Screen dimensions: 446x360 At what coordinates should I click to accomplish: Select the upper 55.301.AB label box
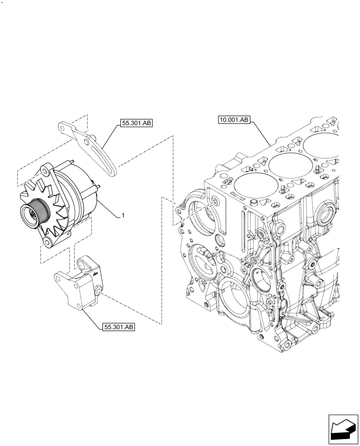[136, 124]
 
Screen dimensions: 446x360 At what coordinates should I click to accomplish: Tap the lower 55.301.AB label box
[119, 327]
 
